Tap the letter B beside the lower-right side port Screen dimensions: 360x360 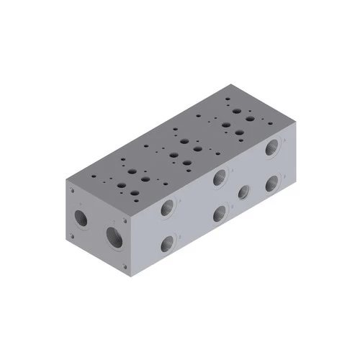(284, 176)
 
